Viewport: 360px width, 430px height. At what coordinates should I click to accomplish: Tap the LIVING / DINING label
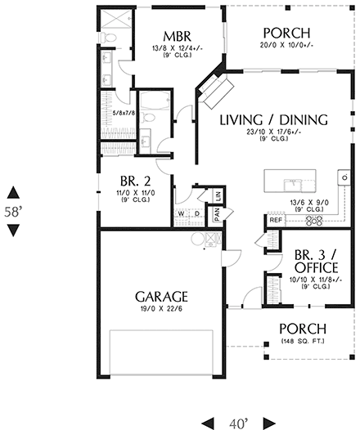click(x=273, y=119)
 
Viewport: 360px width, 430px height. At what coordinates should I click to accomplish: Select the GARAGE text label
click(x=160, y=296)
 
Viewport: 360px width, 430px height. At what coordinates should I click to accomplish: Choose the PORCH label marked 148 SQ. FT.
click(x=303, y=329)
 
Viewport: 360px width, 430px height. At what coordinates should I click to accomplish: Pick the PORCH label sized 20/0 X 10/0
click(x=286, y=34)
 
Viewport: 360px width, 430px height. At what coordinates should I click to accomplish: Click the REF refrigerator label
click(x=275, y=220)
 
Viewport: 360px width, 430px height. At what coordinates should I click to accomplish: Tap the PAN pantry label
click(x=217, y=213)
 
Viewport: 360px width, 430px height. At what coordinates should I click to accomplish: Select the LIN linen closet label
click(x=218, y=196)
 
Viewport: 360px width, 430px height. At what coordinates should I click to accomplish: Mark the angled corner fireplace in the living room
click(x=218, y=91)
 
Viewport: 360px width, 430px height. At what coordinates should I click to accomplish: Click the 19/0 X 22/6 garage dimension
click(x=160, y=309)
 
